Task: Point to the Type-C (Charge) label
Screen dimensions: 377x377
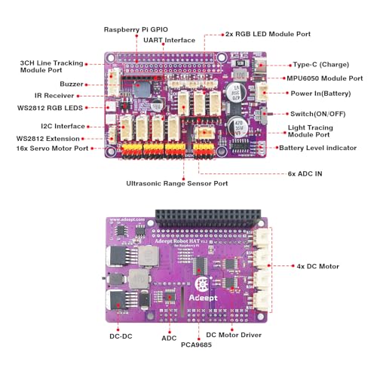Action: [323, 65]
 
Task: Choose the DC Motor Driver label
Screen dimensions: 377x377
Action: [234, 334]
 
